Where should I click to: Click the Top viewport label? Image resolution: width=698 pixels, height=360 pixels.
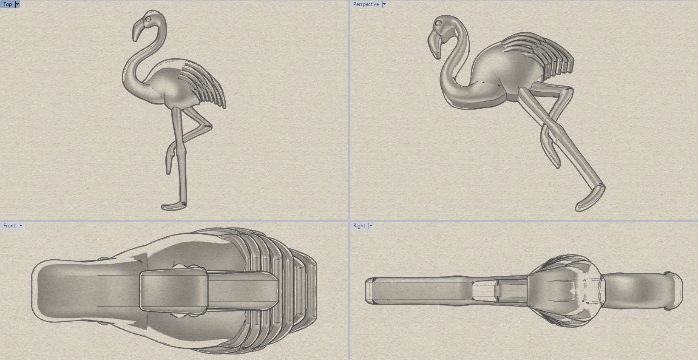click(8, 4)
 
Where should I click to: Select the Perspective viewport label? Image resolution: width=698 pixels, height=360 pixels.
click(366, 4)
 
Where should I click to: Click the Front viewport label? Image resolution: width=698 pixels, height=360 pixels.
click(9, 226)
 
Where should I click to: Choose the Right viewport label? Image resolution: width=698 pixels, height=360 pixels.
click(359, 226)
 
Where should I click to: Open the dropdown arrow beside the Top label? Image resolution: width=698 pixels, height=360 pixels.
click(17, 4)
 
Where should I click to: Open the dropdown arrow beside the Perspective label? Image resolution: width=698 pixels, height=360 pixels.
click(384, 4)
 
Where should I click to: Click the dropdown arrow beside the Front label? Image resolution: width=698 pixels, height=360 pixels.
click(20, 226)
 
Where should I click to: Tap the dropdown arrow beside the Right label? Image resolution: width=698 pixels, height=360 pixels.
click(371, 226)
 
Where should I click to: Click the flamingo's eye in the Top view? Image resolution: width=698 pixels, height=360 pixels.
click(148, 19)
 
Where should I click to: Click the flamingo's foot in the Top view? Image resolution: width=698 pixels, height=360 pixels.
click(173, 206)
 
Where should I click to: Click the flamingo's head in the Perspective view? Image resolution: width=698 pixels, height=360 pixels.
click(446, 28)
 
